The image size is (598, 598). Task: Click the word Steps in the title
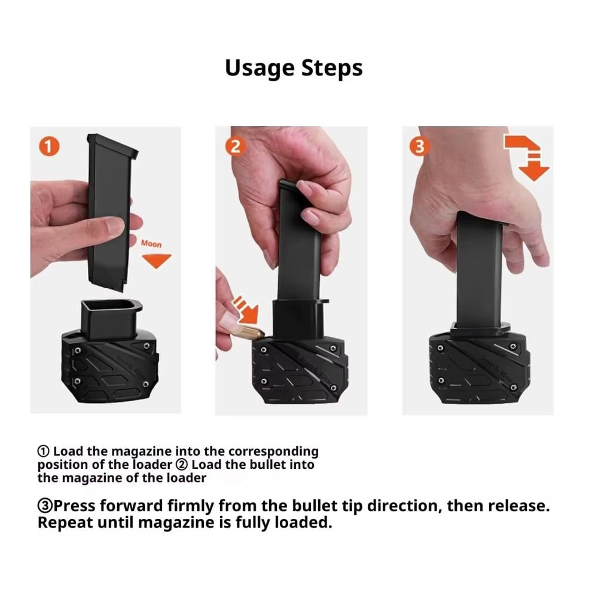pyautogui.click(x=332, y=68)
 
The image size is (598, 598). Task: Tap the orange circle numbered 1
pyautogui.click(x=49, y=146)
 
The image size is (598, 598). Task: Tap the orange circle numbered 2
pyautogui.click(x=235, y=146)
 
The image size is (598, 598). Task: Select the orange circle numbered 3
pyautogui.click(x=420, y=146)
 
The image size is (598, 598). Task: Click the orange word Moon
pyautogui.click(x=151, y=244)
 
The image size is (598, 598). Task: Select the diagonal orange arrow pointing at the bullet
pyautogui.click(x=246, y=309)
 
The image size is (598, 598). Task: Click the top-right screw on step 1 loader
pyautogui.click(x=147, y=346)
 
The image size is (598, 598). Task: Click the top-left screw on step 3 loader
pyautogui.click(x=441, y=348)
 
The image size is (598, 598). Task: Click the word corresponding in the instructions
pyautogui.click(x=273, y=451)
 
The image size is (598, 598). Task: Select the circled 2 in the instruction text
pyautogui.click(x=182, y=465)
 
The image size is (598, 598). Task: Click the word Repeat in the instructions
pyautogui.click(x=65, y=523)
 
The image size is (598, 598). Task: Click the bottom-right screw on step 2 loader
pyautogui.click(x=334, y=388)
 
